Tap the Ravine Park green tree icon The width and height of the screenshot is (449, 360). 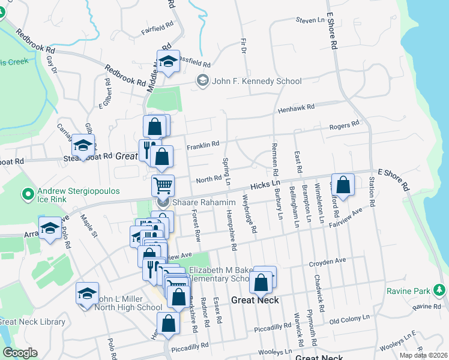[x=439, y=291]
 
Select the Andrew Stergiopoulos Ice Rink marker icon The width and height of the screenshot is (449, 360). [x=27, y=194]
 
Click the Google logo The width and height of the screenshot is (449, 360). [x=20, y=353]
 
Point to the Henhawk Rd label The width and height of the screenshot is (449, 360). [x=296, y=109]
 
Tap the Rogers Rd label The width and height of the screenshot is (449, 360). [x=344, y=125]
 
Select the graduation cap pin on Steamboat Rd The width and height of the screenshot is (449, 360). [x=83, y=145]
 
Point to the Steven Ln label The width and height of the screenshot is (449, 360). [x=310, y=20]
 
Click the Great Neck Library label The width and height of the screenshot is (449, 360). [x=32, y=322]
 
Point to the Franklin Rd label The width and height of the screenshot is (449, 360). [x=203, y=145]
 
